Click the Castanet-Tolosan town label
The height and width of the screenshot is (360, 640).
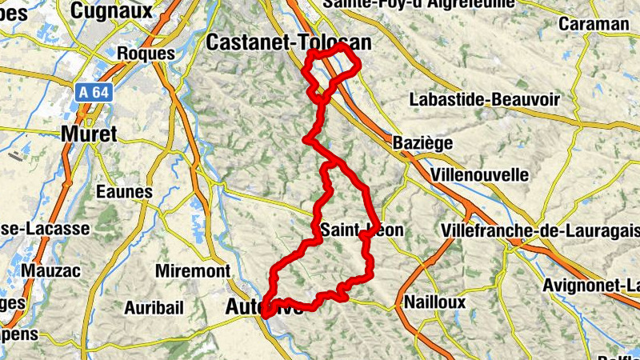[289, 42]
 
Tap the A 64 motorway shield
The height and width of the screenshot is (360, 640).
[94, 93]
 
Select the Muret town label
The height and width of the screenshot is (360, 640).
[89, 134]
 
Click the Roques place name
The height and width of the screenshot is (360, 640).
[146, 53]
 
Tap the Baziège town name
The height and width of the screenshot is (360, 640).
[423, 143]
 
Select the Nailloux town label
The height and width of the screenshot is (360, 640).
[434, 302]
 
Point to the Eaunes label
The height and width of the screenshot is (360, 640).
[123, 192]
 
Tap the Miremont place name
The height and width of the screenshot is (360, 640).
[192, 271]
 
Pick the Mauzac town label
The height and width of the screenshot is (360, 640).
[51, 270]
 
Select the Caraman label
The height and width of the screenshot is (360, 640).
[594, 23]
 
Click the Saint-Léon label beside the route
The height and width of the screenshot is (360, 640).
[362, 230]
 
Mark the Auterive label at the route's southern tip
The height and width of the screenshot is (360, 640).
[263, 306]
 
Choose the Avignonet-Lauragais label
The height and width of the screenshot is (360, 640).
[591, 286]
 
